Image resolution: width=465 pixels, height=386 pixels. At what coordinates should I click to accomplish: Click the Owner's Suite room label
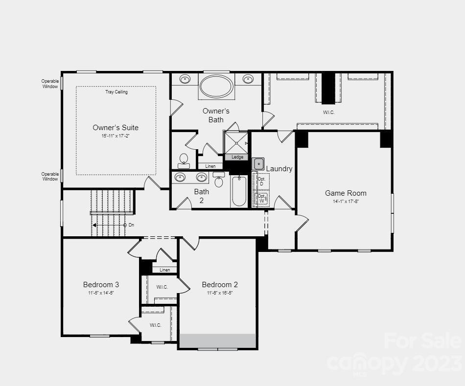pos(116,128)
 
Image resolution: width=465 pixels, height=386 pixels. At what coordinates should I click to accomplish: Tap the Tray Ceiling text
pos(116,92)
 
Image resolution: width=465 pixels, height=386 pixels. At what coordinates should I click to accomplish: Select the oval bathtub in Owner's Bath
pos(216,87)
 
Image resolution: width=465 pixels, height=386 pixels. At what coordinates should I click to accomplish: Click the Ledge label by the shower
pos(237,157)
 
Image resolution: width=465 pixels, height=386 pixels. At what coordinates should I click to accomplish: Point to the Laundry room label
pos(279,169)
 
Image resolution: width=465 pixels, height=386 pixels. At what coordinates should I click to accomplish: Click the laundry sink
pos(258,164)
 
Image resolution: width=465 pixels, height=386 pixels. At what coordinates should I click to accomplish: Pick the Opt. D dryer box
pos(261,181)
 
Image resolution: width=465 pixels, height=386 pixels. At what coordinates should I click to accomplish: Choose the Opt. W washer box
pos(261,199)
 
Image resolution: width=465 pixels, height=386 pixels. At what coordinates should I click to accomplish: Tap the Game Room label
pos(346,193)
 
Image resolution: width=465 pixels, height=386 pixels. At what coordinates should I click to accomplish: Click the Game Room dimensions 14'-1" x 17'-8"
pos(346,202)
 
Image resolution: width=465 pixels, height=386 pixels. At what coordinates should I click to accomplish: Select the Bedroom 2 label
pos(220,285)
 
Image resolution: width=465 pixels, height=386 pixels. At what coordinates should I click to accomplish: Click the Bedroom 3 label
pos(101,285)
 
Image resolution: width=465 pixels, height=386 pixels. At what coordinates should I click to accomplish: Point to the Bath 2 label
pos(201,196)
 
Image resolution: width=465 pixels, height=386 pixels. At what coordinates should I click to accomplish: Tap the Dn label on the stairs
pos(131,225)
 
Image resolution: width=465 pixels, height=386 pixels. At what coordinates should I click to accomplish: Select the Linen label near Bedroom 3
pos(165,270)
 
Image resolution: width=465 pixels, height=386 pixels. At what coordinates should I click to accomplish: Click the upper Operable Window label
pos(50,84)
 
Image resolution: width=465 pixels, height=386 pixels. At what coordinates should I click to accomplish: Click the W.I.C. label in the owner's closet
pos(328,112)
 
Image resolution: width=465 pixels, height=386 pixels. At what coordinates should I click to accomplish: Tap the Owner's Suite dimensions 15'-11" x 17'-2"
pos(116,136)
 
